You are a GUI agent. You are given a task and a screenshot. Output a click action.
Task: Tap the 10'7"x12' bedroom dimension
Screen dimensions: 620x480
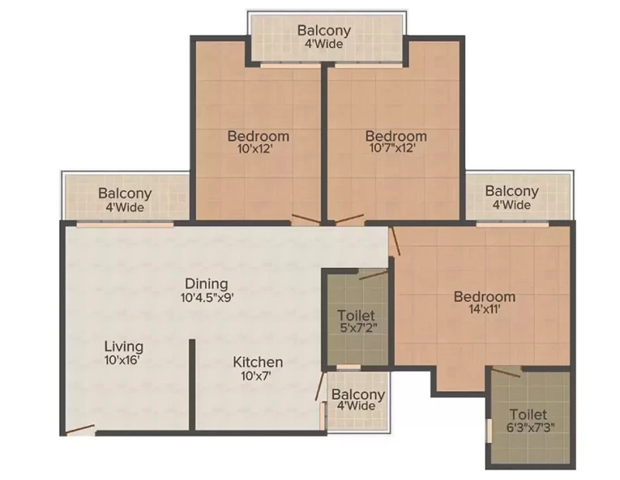click(392, 148)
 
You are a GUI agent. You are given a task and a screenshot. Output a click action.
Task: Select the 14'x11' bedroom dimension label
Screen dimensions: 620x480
click(485, 309)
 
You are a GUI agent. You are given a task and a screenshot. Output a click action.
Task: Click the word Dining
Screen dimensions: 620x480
click(206, 283)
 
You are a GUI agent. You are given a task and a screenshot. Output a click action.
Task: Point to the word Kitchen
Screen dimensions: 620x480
click(258, 362)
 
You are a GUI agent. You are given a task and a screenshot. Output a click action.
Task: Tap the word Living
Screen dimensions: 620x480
click(124, 347)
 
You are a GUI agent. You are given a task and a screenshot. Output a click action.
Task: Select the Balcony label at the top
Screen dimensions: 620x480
click(324, 30)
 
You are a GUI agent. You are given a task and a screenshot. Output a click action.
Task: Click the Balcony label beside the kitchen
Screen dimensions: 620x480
click(358, 394)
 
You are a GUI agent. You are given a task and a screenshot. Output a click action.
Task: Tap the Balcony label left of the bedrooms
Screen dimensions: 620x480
click(125, 194)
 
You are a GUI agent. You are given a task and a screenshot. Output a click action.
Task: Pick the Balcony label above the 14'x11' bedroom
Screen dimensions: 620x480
click(511, 190)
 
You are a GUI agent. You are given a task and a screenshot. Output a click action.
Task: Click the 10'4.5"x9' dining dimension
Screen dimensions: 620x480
click(208, 297)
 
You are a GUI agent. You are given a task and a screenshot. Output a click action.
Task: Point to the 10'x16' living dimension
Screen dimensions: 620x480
click(122, 360)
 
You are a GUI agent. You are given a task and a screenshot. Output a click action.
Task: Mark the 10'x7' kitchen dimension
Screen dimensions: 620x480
click(257, 375)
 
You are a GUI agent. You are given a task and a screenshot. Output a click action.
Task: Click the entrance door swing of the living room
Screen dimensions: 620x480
click(81, 430)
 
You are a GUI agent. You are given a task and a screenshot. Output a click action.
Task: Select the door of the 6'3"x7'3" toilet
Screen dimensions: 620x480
click(506, 372)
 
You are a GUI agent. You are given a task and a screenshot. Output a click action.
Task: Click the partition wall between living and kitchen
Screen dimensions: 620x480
click(191, 385)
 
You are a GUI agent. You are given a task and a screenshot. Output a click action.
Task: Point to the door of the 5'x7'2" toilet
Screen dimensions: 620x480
click(374, 275)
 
